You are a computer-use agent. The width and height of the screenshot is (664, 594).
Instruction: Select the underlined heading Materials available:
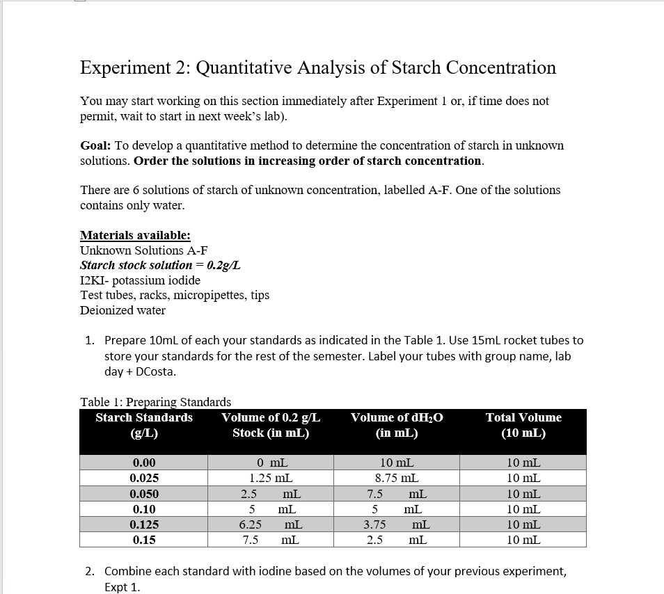click(135, 235)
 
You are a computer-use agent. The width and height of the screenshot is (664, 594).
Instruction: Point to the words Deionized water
click(122, 310)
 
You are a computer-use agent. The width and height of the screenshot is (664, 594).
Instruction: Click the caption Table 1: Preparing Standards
click(156, 402)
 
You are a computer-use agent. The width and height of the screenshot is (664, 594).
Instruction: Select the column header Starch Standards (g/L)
click(144, 425)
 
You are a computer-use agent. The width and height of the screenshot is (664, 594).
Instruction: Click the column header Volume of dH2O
click(397, 418)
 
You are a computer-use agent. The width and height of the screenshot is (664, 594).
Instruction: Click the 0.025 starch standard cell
click(144, 478)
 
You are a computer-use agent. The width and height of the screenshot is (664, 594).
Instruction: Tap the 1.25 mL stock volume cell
click(271, 478)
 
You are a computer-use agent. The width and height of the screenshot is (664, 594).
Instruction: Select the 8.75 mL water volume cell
click(397, 478)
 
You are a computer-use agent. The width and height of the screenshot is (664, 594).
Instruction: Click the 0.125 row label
click(144, 524)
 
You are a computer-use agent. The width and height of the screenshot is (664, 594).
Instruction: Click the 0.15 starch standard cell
click(144, 540)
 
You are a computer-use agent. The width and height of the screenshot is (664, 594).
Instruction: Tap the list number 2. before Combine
click(90, 572)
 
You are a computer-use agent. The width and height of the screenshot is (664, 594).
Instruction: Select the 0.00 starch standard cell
click(144, 463)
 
